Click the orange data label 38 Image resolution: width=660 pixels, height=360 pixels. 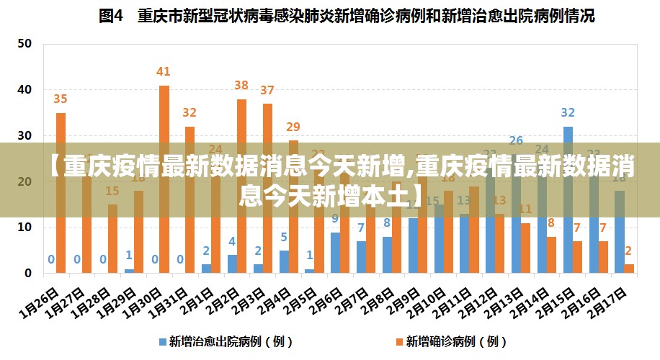[241, 86]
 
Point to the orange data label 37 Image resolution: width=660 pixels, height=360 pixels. [267, 90]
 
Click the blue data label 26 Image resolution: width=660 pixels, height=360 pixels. [516, 140]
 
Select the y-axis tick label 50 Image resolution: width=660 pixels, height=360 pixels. [24, 43]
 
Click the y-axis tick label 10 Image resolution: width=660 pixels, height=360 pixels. [24, 228]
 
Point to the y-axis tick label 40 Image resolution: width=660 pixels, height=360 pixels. [24, 89]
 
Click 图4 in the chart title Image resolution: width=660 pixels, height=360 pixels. [112, 16]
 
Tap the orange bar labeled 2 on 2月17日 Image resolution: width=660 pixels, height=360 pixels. [630, 269]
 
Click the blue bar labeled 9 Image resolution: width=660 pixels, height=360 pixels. [335, 252]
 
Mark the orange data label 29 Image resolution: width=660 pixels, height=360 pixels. [293, 127]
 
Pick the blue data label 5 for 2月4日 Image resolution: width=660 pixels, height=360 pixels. [284, 237]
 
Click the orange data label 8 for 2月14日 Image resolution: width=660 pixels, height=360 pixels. [551, 223]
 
